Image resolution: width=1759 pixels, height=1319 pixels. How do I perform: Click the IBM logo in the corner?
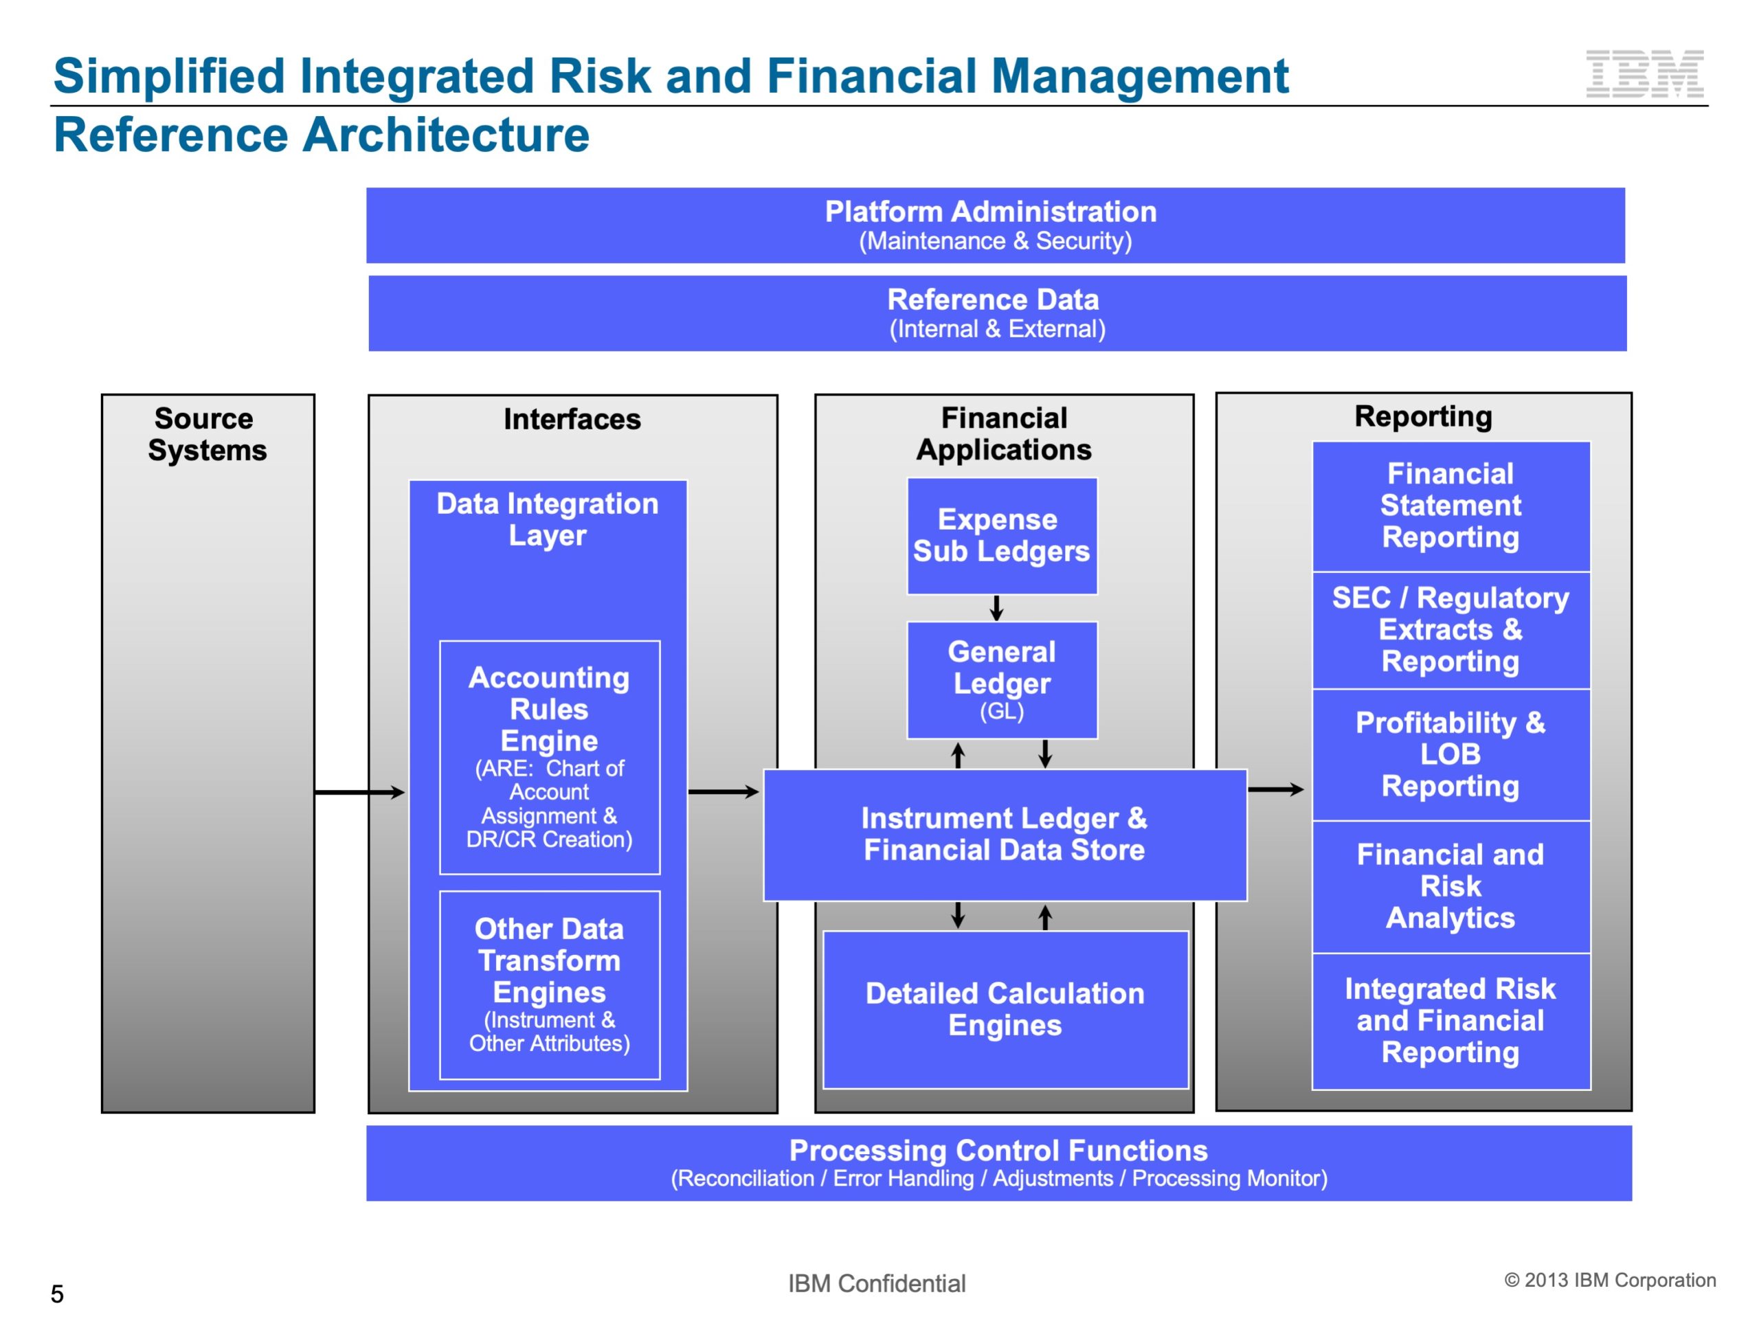(x=1644, y=74)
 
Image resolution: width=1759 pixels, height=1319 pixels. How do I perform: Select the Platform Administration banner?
(x=995, y=225)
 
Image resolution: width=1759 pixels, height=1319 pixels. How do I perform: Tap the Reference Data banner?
(x=997, y=313)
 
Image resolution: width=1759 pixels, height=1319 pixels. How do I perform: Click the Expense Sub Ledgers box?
(x=1001, y=536)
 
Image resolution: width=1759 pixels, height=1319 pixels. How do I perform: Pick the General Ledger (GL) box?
(x=1001, y=681)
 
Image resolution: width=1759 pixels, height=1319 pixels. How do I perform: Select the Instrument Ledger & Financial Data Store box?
(x=1005, y=834)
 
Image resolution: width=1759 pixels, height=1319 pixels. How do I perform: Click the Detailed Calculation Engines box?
(x=1005, y=1009)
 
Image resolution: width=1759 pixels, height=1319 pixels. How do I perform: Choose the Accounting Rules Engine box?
(x=550, y=757)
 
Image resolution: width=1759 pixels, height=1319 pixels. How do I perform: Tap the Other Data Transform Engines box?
(x=550, y=984)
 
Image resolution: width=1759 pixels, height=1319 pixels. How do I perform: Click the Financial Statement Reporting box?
(x=1450, y=506)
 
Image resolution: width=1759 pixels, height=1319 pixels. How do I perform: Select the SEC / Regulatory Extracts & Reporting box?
(x=1450, y=630)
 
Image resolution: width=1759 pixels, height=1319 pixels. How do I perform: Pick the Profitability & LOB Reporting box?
(x=1450, y=754)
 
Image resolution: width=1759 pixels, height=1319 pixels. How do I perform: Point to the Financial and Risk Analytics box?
(x=1450, y=886)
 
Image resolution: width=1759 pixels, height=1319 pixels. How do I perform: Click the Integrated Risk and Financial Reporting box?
(x=1450, y=1021)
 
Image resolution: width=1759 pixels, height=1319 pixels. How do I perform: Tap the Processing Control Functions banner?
(x=999, y=1162)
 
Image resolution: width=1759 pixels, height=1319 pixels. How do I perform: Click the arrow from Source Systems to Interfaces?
(x=359, y=792)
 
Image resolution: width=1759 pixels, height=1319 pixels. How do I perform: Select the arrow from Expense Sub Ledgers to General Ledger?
(x=996, y=608)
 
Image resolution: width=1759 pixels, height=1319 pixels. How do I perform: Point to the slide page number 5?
(x=57, y=1294)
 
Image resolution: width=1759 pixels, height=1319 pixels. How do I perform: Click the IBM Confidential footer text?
(x=876, y=1283)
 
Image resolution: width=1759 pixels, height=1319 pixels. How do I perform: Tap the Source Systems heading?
(x=208, y=434)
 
